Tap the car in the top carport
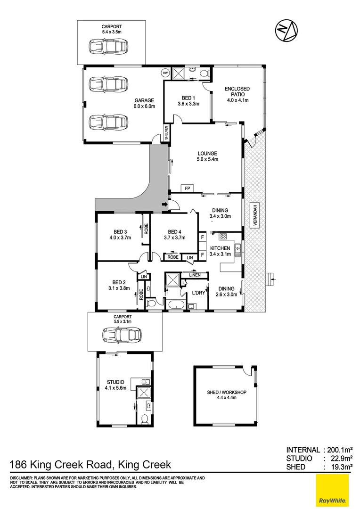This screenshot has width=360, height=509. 108,46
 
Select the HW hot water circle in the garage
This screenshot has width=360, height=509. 165,73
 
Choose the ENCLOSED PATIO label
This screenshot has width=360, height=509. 237,94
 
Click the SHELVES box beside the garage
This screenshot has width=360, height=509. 166,133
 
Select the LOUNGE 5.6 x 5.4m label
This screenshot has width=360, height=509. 207,156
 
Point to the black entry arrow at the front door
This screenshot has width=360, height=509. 164,205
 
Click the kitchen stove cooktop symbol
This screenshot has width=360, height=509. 222,236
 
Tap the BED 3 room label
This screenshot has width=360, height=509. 120,234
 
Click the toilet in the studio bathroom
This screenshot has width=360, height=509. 145,417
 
